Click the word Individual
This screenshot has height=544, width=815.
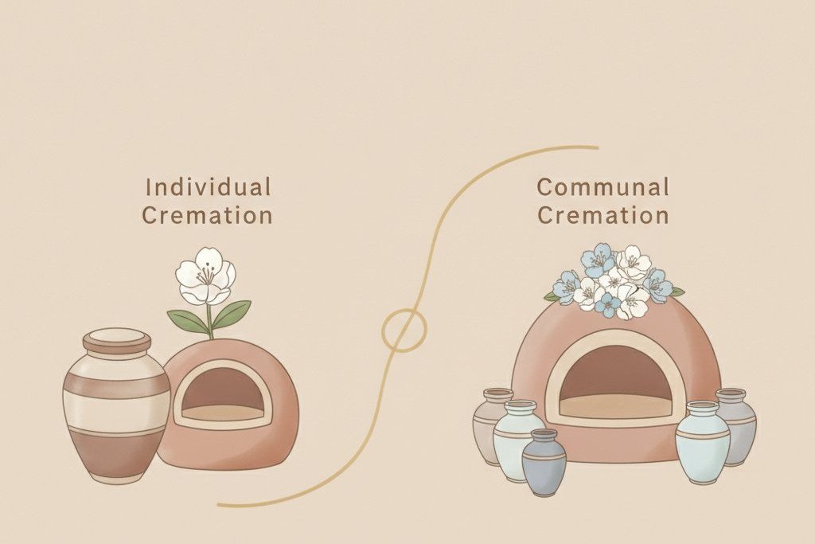[x=208, y=187]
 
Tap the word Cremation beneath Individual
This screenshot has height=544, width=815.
[x=208, y=215]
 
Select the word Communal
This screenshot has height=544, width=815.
[x=603, y=187]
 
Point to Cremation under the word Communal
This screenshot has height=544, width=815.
[x=603, y=215]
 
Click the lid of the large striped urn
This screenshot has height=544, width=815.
[x=117, y=340]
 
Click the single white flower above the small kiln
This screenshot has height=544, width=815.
[x=206, y=276]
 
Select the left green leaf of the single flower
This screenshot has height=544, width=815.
[x=187, y=323]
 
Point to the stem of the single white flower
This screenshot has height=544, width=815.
[x=210, y=323]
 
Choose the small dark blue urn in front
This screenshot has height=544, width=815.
[x=544, y=462]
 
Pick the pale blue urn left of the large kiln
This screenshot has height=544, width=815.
[x=516, y=440]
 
